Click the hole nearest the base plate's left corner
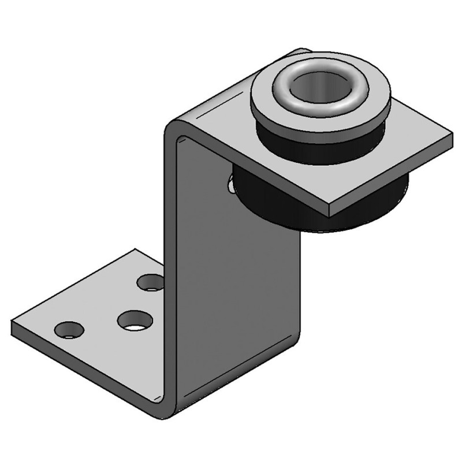[69, 330]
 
